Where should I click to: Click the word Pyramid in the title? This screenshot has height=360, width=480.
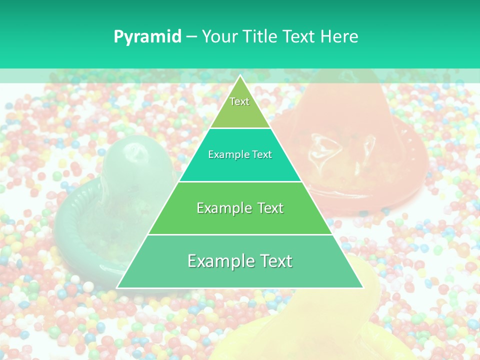click(x=147, y=37)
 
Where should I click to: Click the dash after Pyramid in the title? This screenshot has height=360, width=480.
click(x=191, y=37)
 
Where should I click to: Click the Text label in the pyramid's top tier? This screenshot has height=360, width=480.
click(x=239, y=101)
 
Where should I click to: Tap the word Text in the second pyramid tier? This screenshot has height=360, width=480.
click(x=262, y=154)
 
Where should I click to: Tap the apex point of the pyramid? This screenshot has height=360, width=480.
click(x=240, y=75)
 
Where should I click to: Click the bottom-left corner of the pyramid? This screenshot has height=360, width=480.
click(x=117, y=287)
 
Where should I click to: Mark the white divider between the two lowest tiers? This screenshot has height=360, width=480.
click(x=240, y=234)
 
